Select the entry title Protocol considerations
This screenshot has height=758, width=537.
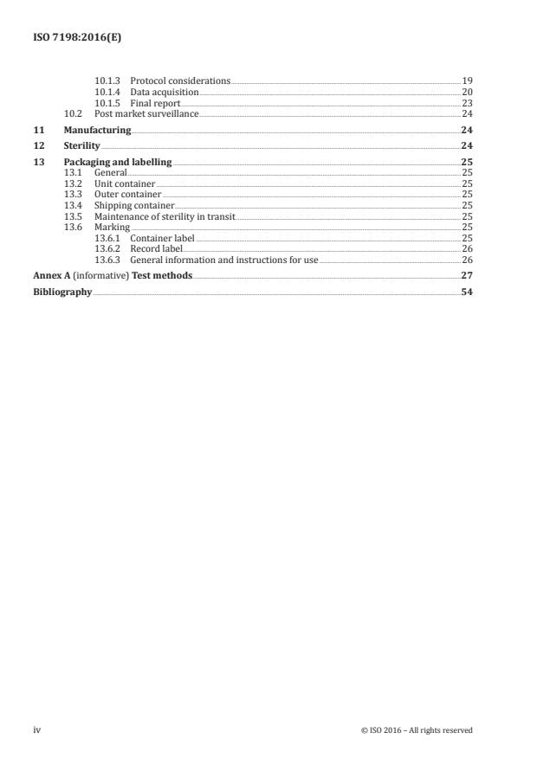click(180, 80)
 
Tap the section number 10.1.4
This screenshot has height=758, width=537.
click(107, 92)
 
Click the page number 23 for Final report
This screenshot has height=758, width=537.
click(467, 103)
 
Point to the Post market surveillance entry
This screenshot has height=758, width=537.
click(146, 113)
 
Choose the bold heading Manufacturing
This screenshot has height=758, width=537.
click(97, 130)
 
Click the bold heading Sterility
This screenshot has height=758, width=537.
click(81, 146)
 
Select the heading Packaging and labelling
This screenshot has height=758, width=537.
click(117, 163)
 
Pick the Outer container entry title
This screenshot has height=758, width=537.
click(127, 195)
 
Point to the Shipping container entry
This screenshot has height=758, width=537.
click(133, 206)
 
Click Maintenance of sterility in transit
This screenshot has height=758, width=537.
click(165, 216)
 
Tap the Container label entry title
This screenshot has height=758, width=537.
click(162, 237)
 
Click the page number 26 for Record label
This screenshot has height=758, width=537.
click(467, 248)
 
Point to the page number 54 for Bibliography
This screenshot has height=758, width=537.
click(467, 292)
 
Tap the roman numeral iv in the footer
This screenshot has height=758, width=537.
click(37, 729)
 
